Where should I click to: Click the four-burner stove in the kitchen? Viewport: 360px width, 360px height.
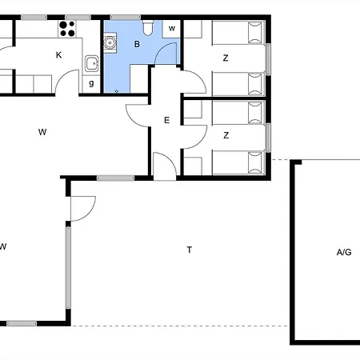pos(67,29)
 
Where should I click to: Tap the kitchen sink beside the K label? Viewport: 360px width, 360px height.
pos(92,63)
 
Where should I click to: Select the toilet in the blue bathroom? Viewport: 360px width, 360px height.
pos(147,28)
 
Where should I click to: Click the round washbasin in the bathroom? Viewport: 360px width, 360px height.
pos(110,42)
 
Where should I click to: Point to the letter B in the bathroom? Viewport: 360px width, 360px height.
pos(137,44)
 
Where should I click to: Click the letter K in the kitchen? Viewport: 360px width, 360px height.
pos(58,55)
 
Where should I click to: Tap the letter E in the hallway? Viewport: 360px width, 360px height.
pos(166,120)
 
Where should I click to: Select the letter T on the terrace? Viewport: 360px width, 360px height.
pos(189,250)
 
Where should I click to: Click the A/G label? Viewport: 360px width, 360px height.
pos(344,252)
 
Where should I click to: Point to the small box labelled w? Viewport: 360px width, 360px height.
pos(172,29)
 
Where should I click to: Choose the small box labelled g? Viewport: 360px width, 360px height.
pos(91,84)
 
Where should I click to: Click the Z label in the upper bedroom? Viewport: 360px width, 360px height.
pos(226,58)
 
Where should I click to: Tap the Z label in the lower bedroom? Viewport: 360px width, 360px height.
pos(226,135)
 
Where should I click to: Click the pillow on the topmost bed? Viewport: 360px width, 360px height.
pos(255,33)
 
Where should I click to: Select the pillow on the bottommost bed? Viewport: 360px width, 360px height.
pos(255,162)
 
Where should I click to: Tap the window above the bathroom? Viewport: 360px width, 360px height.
pos(126,18)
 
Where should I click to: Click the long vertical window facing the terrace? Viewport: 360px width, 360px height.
pos(68,267)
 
